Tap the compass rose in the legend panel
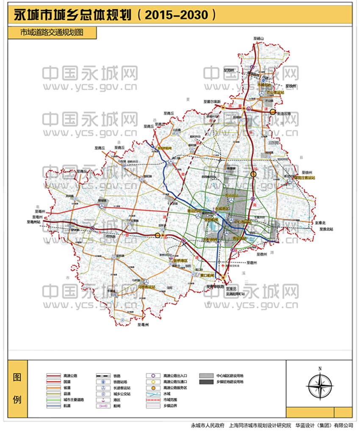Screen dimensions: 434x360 tap(320, 385)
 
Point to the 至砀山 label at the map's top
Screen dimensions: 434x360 tap(259, 39)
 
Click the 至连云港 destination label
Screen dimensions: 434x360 tap(284, 113)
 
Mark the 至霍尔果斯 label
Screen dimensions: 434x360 tap(212, 102)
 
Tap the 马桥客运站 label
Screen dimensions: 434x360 tap(147, 287)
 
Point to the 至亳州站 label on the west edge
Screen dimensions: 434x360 tap(33, 221)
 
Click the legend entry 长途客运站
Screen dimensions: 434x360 tap(122, 387)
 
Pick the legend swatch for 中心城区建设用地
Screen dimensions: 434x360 tap(208, 376)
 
